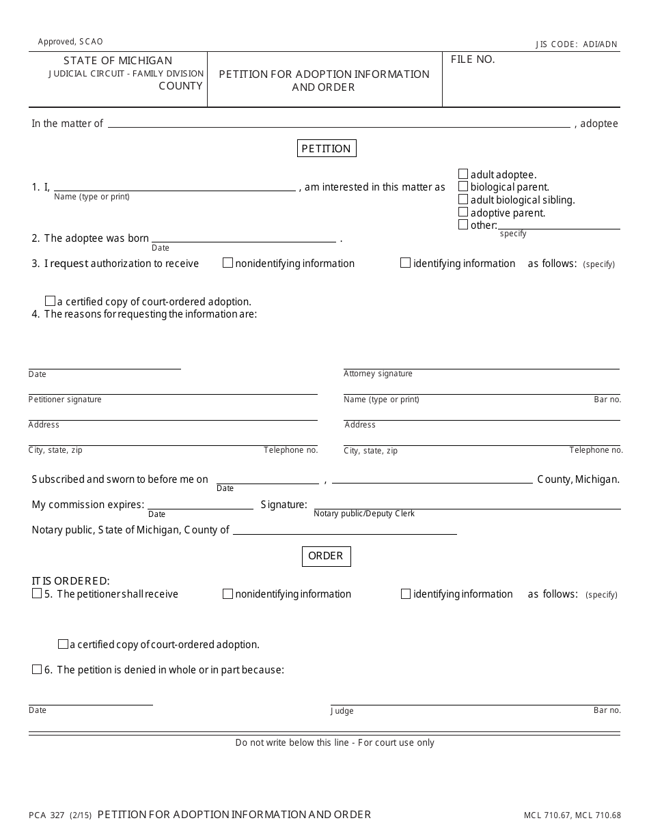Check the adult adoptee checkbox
pyautogui.click(x=463, y=174)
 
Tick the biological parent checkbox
pyautogui.click(x=463, y=186)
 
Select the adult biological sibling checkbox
pyautogui.click(x=463, y=199)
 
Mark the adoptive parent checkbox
pyautogui.click(x=463, y=212)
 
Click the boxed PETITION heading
pyautogui.click(x=327, y=148)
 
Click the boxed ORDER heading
pyautogui.click(x=326, y=556)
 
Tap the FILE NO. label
pyautogui.click(x=473, y=59)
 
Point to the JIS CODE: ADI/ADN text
pyautogui.click(x=576, y=44)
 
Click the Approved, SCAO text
pyautogui.click(x=70, y=42)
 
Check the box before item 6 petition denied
pyautogui.click(x=37, y=669)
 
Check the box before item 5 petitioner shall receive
pyautogui.click(x=37, y=593)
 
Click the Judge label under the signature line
pyautogui.click(x=342, y=711)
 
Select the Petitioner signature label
pyautogui.click(x=65, y=400)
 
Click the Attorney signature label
pyautogui.click(x=378, y=374)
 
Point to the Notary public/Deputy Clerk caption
pyautogui.click(x=364, y=514)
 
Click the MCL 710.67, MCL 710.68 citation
pyautogui.click(x=572, y=815)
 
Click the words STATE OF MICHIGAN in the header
pyautogui.click(x=118, y=61)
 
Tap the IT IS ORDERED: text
pyautogui.click(x=70, y=581)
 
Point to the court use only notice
pyautogui.click(x=335, y=742)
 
